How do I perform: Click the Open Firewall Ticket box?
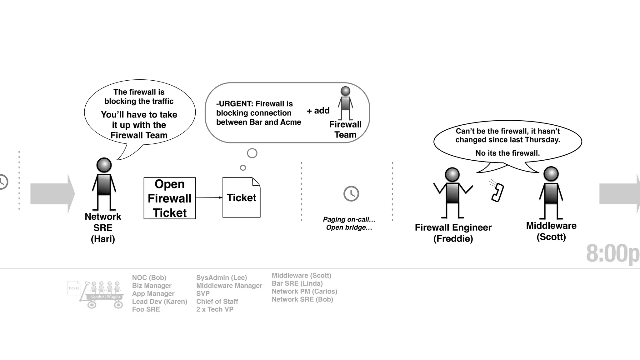[x=169, y=198]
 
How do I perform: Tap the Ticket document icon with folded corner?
[x=241, y=197]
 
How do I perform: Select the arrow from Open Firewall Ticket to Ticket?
[x=209, y=197]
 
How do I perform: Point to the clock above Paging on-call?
[x=351, y=194]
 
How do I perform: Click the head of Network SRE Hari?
[x=104, y=165]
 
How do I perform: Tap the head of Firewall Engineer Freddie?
[x=452, y=174]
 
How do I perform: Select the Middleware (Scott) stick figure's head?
[x=551, y=174]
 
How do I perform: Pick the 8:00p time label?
[x=612, y=253]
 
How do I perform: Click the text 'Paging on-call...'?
[x=349, y=219]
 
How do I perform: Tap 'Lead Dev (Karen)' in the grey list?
[x=159, y=302]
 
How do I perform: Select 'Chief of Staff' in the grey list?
[x=217, y=302]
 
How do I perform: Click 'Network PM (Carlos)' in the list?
[x=304, y=291]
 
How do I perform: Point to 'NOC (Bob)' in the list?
[x=149, y=277]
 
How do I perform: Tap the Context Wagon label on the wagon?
[x=105, y=297]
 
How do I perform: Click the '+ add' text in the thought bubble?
[x=318, y=111]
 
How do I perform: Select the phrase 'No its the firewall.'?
[x=507, y=153]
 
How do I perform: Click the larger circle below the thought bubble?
[x=252, y=153]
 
